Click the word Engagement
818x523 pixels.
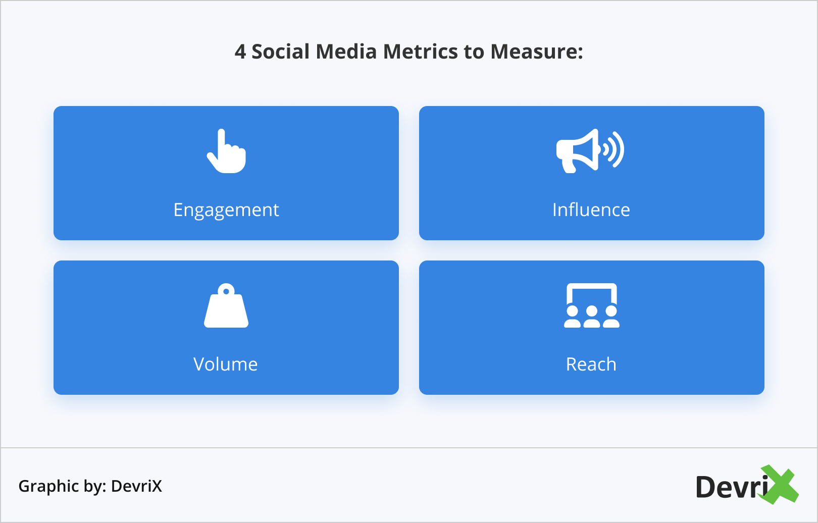pos(226,211)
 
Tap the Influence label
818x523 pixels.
pos(591,210)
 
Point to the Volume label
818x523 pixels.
pos(225,364)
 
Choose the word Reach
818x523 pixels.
pos(591,364)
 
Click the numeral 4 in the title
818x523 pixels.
pos(240,51)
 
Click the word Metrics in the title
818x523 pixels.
pos(420,51)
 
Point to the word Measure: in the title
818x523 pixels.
pos(537,51)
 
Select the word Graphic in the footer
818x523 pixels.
pos(48,487)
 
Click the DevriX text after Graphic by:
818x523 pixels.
pos(136,486)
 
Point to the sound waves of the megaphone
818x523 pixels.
pos(613,149)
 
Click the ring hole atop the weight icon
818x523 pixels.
pos(226,291)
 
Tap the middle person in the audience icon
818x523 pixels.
pos(592,317)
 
